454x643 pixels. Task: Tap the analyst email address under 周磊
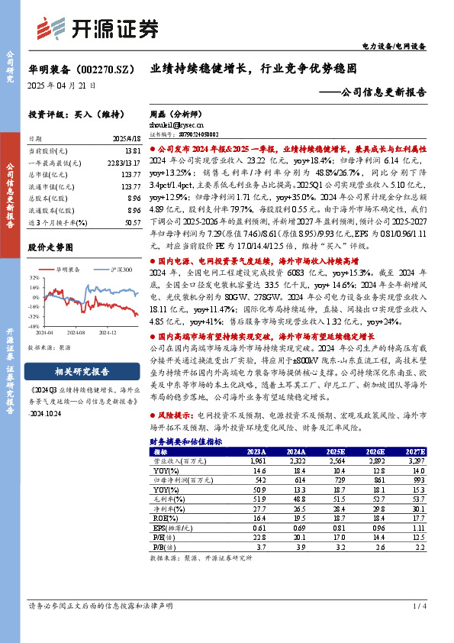[176, 124]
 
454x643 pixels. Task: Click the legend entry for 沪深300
[122, 270]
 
